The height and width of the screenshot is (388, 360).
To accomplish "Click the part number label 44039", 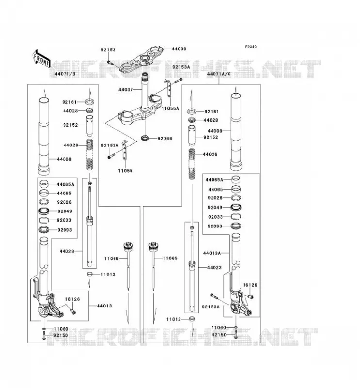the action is pyautogui.click(x=179, y=49).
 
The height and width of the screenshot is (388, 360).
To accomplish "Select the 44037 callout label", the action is pyautogui.click(x=126, y=90).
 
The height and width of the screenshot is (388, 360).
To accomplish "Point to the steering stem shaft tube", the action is pyautogui.click(x=145, y=92).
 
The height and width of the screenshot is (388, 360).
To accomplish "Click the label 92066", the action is pyautogui.click(x=164, y=139).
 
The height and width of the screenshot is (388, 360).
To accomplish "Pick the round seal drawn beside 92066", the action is pyautogui.click(x=145, y=137).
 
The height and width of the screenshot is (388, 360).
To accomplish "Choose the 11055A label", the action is pyautogui.click(x=170, y=108).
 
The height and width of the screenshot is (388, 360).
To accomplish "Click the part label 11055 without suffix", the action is pyautogui.click(x=125, y=171).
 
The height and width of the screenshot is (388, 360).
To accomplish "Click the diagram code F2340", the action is pyautogui.click(x=251, y=47).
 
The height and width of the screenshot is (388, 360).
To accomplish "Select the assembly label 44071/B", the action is pyautogui.click(x=65, y=74).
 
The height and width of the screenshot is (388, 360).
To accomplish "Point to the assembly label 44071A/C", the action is pyautogui.click(x=219, y=74).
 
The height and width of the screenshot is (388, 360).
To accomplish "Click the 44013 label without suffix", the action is pyautogui.click(x=104, y=306).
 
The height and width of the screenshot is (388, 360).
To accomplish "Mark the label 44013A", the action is pyautogui.click(x=212, y=253).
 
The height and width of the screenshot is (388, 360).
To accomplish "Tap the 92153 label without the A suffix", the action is pyautogui.click(x=108, y=50).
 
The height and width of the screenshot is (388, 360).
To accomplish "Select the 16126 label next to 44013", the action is pyautogui.click(x=73, y=299).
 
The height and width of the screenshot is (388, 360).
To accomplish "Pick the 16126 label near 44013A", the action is pyautogui.click(x=250, y=285).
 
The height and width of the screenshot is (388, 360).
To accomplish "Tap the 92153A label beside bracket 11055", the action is pyautogui.click(x=110, y=145).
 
